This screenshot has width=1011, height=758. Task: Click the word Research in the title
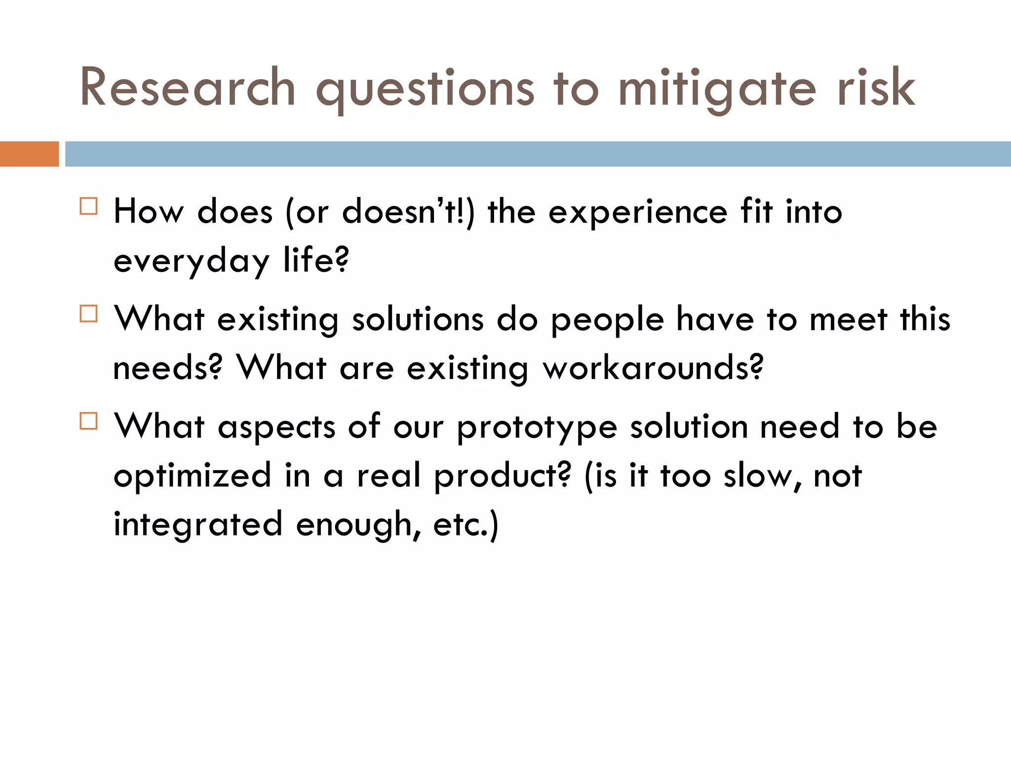coord(188,88)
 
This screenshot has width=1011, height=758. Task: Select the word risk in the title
coord(876,88)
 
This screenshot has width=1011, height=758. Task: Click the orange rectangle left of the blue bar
coord(29,154)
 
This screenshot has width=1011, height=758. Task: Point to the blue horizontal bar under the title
coord(538,154)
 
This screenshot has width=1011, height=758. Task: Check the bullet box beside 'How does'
coord(88,206)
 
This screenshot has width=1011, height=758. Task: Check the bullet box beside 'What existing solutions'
coord(88,313)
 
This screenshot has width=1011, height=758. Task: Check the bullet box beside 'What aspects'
coord(88,421)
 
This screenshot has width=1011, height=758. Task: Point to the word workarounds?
coord(653,368)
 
